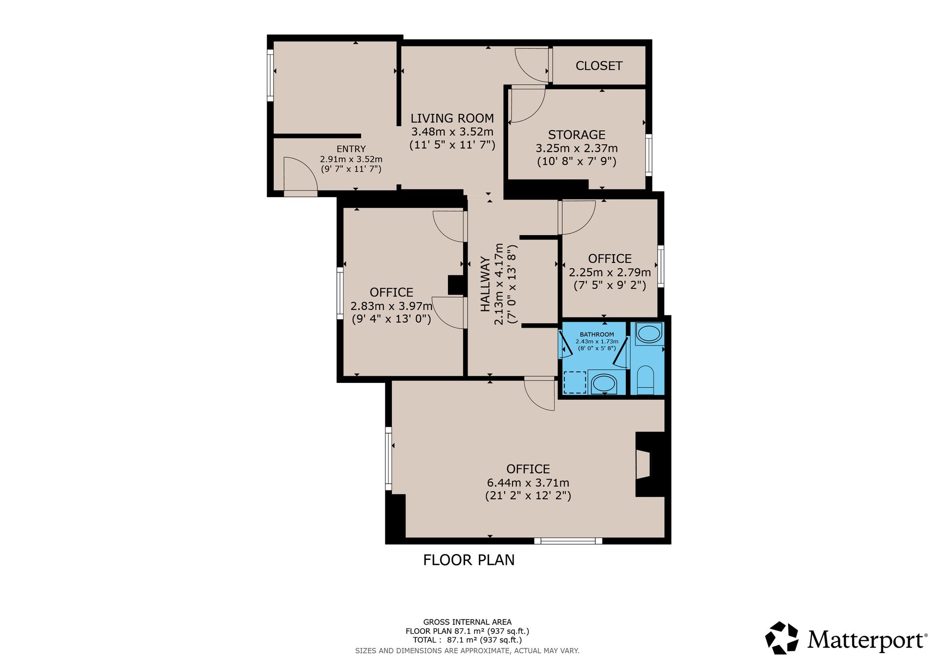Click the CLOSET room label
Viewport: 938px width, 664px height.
coord(599,66)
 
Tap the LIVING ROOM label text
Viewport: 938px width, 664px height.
coord(452,118)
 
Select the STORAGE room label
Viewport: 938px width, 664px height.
coord(576,135)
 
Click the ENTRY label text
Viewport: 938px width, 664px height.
coord(351,149)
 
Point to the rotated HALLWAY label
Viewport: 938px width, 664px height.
coord(485,284)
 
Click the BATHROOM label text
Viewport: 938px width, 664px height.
coord(597,334)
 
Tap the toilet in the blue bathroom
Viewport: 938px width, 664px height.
coord(645,379)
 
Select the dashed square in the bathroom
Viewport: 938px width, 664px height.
coord(575,382)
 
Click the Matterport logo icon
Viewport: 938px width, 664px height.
coord(782,638)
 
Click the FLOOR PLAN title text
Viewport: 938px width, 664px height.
coord(469,560)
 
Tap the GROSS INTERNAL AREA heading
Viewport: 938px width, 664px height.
coord(468,622)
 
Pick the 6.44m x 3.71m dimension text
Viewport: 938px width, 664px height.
coord(528,483)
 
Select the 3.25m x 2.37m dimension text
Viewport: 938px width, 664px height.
coord(577,148)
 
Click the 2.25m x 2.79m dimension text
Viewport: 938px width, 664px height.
coord(610,272)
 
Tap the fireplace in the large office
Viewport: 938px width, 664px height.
coord(650,465)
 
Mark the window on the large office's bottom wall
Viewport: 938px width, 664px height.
coord(568,541)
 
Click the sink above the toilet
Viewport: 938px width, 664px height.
coord(649,334)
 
